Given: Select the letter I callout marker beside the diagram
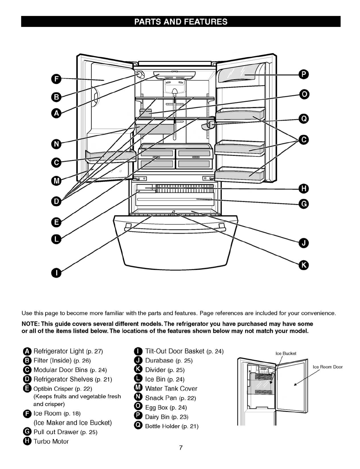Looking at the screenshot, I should [56, 273].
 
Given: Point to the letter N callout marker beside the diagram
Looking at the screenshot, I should [56, 144].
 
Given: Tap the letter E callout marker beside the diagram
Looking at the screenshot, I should [56, 222].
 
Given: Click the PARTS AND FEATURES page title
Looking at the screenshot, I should [181, 22].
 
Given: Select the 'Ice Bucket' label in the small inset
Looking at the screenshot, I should [286, 353].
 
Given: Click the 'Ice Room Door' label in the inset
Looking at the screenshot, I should [327, 367].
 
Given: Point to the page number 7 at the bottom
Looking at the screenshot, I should [181, 448].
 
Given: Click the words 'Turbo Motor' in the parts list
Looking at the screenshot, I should [51, 441].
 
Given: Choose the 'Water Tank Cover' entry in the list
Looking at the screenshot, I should [171, 389].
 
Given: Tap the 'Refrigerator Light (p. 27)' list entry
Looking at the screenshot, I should [68, 351].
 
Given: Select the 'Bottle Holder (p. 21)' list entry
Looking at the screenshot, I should [172, 426].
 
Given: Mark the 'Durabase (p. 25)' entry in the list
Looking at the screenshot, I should [169, 360].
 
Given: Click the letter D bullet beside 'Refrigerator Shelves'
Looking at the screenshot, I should [27, 379].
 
